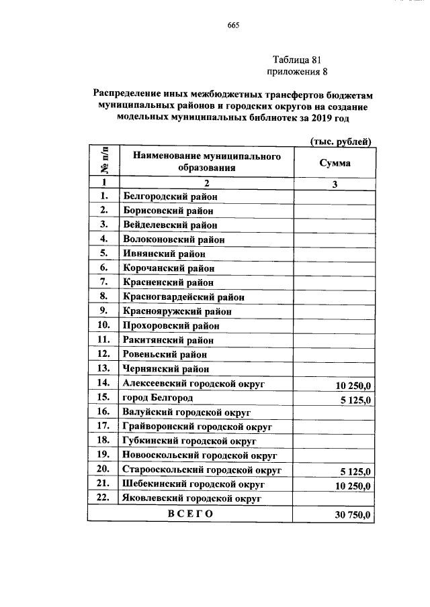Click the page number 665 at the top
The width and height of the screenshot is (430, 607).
click(234, 25)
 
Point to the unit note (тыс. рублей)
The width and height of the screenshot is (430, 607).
click(340, 141)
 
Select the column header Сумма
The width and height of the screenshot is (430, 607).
click(334, 163)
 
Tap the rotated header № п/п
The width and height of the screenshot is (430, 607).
click(104, 162)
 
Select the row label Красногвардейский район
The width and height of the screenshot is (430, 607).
click(183, 296)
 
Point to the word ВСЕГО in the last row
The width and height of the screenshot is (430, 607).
click(190, 514)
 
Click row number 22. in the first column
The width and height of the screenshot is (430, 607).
click(103, 498)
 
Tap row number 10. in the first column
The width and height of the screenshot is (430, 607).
click(103, 325)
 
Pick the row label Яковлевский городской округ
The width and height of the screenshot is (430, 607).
click(191, 498)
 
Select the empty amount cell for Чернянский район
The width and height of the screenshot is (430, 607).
click(334, 368)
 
